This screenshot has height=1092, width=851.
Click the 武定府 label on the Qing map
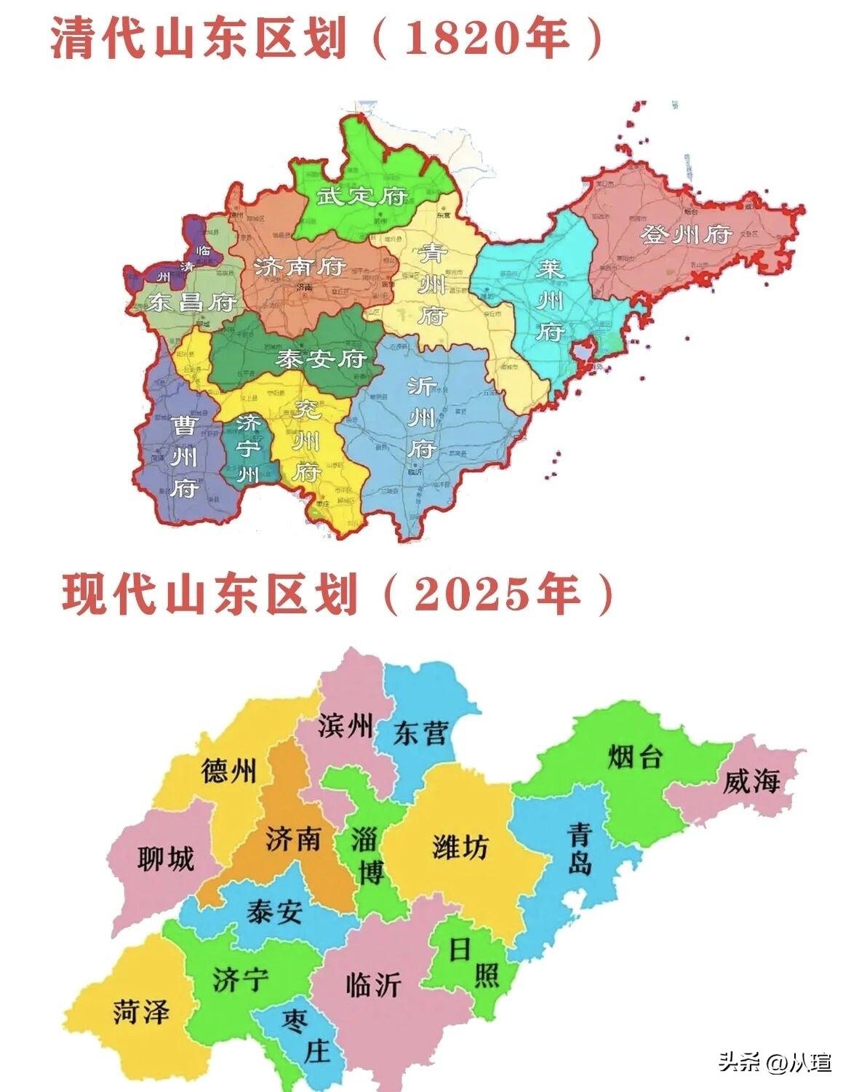tap(361, 196)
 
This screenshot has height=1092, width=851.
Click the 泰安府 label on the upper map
tap(320, 359)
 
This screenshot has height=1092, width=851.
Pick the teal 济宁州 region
tap(249, 447)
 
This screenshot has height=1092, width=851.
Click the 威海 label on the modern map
tap(751, 782)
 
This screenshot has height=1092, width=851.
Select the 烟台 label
tap(634, 757)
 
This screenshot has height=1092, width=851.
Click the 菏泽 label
tap(141, 1011)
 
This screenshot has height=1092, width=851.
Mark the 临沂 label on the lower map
tap(374, 984)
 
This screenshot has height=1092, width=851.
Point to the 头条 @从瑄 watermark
tap(775, 1063)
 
